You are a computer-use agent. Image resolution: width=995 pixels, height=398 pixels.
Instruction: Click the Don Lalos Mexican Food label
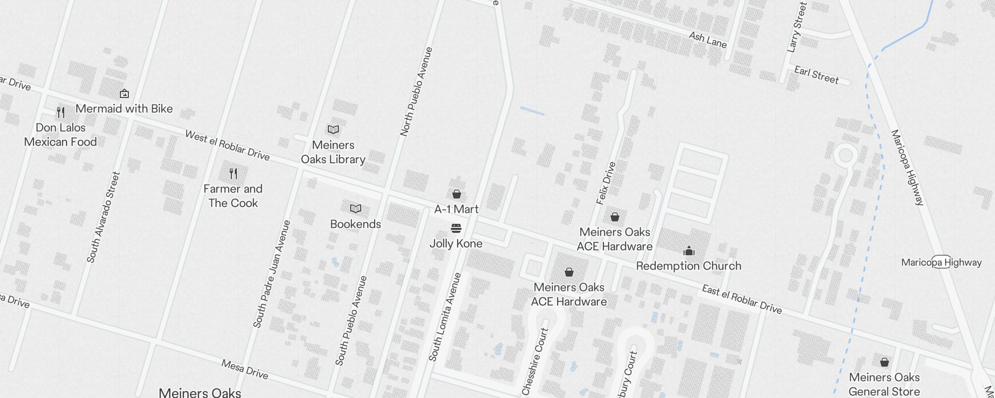coord(60,135)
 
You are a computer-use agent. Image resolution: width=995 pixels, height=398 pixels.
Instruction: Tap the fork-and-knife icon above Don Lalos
coord(61,112)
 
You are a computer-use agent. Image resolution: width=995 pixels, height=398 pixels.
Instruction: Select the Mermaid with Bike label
coord(124,108)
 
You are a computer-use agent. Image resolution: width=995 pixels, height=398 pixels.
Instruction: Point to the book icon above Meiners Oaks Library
coord(333,130)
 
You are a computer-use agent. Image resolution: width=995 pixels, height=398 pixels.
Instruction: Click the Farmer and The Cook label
coord(233,196)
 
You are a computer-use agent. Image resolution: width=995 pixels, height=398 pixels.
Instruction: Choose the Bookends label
coord(355,224)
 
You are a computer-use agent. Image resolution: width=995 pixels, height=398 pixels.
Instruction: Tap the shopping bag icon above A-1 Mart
coord(456,194)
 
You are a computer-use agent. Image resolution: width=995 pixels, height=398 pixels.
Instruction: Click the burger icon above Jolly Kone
coord(456,228)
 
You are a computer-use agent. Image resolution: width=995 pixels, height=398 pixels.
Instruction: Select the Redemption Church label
coord(689,266)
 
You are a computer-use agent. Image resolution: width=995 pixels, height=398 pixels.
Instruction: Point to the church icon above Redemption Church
coord(689,250)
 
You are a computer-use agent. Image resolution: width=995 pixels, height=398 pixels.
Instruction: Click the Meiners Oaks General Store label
coord(884,384)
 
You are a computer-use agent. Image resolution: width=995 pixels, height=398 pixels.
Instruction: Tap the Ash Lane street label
coord(707,40)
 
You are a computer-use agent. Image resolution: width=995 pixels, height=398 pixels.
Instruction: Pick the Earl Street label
coord(816,75)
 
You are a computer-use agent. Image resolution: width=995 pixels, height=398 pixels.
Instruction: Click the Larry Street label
coord(796,27)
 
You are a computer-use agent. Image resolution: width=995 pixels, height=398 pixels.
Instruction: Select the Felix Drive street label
coord(606,183)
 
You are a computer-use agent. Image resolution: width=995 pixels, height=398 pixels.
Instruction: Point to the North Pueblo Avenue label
coord(416,92)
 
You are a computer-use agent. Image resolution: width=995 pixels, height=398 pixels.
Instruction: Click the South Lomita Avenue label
coord(445,317)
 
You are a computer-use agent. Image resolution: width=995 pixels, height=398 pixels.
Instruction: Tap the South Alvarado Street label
coord(103,217)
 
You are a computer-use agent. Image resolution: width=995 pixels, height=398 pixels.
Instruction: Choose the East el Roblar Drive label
coord(742,299)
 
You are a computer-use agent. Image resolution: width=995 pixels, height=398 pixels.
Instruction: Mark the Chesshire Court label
coord(535,362)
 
